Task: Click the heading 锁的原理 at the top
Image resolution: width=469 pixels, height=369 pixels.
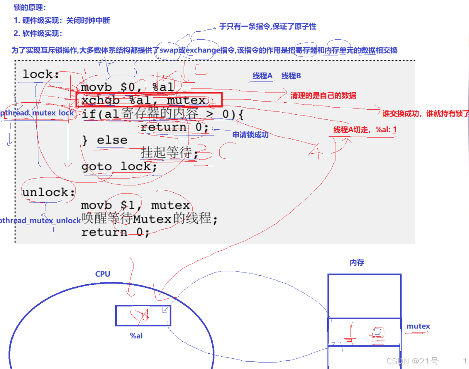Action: pyautogui.click(x=30, y=7)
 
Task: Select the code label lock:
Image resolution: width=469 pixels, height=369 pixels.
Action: pyautogui.click(x=40, y=74)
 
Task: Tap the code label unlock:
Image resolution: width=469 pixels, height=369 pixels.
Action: pyautogui.click(x=48, y=192)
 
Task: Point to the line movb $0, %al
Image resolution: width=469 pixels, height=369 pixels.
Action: pyautogui.click(x=127, y=87)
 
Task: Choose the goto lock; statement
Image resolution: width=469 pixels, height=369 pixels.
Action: pyautogui.click(x=119, y=166)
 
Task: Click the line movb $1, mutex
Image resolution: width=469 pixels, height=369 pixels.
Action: pyautogui.click(x=135, y=205)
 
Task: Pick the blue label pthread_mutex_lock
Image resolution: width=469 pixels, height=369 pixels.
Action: pyautogui.click(x=37, y=113)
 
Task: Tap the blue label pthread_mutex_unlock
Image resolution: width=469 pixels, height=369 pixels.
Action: pyautogui.click(x=40, y=220)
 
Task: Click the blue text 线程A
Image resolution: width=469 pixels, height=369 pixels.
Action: pyautogui.click(x=262, y=76)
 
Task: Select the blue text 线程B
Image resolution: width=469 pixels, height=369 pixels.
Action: pyautogui.click(x=291, y=76)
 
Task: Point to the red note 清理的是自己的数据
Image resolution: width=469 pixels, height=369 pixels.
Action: pyautogui.click(x=323, y=95)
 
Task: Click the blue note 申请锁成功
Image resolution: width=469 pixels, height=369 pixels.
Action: pyautogui.click(x=250, y=135)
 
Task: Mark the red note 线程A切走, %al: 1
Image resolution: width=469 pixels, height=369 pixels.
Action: pyautogui.click(x=365, y=130)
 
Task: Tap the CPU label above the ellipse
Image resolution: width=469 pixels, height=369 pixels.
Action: pyautogui.click(x=102, y=274)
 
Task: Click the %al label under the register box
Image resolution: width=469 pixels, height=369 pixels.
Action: pyautogui.click(x=136, y=336)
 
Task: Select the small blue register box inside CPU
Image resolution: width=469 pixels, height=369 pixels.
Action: pyautogui.click(x=143, y=315)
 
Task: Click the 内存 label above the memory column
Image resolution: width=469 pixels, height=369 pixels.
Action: pyautogui.click(x=357, y=263)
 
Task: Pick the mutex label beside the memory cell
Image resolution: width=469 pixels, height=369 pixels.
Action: pyautogui.click(x=418, y=326)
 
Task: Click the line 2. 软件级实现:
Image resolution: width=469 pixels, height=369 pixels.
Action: pyautogui.click(x=38, y=34)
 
